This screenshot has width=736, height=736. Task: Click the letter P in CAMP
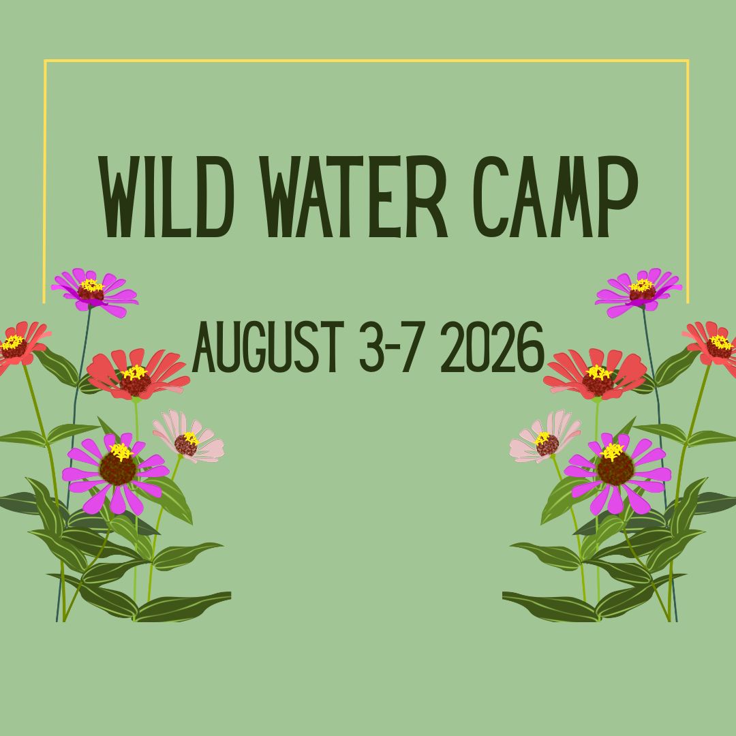click(617, 196)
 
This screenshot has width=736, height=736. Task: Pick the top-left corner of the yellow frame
click(46, 61)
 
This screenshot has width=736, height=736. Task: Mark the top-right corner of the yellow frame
click(688, 61)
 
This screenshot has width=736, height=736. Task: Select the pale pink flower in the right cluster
click(545, 438)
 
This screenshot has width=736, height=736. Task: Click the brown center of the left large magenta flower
click(118, 469)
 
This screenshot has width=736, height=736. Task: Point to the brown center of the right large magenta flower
click(615, 469)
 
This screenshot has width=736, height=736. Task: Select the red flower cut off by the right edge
click(714, 346)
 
